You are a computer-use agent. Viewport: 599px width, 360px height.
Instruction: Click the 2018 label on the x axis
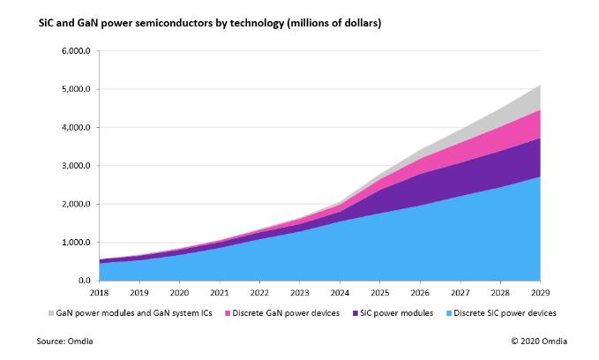coord(99,292)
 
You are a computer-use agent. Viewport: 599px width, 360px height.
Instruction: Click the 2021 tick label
coord(218,292)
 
